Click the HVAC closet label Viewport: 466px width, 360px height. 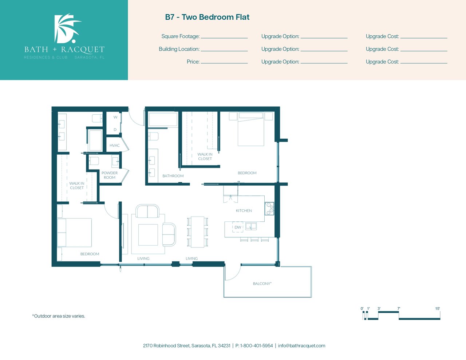click(x=115, y=145)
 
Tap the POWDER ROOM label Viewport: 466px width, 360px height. click(x=110, y=175)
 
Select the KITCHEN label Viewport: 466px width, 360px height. click(x=244, y=210)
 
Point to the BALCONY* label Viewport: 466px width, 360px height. click(x=262, y=284)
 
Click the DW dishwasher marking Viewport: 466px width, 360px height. click(x=238, y=227)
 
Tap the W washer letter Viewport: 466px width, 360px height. click(x=115, y=117)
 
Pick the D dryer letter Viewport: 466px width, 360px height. click(x=115, y=130)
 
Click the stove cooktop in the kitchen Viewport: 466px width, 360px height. click(x=269, y=209)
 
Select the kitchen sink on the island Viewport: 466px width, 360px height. click(x=251, y=226)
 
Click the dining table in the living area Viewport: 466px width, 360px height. click(x=198, y=232)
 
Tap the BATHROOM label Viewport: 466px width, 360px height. click(x=173, y=176)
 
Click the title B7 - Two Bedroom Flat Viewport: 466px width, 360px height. click(x=207, y=17)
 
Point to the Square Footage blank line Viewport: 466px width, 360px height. click(x=224, y=38)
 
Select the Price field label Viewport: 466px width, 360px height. click(x=193, y=62)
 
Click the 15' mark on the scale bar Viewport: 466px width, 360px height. click(x=438, y=309)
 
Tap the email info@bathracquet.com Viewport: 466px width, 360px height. click(x=301, y=346)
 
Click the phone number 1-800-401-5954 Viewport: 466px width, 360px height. click(x=257, y=346)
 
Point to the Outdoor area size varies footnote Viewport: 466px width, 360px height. click(x=59, y=316)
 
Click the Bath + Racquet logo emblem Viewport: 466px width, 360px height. click(x=67, y=28)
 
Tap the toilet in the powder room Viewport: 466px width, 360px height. click(x=94, y=161)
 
